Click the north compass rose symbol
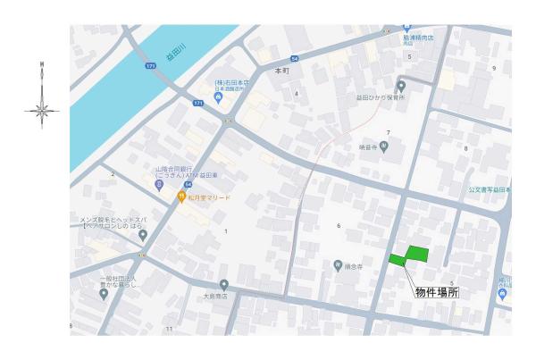pos(42,109)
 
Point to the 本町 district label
pos(282,70)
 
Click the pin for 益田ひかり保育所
pos(402,86)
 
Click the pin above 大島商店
pos(224,284)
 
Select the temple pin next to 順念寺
pos(338,265)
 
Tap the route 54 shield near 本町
pos(294,58)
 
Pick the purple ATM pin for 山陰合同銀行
pos(159,185)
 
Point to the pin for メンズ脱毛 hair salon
pos(143,234)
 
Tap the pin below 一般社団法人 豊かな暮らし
pos(104,296)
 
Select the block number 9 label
pos(493,68)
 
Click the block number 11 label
pos(169,330)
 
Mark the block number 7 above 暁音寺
pos(388,132)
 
